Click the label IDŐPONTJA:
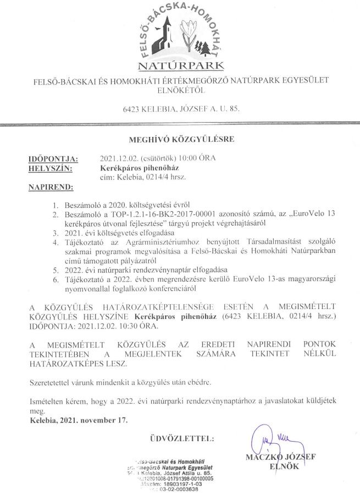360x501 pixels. [x=53, y=159]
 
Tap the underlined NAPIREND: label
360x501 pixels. [x=51, y=188]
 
